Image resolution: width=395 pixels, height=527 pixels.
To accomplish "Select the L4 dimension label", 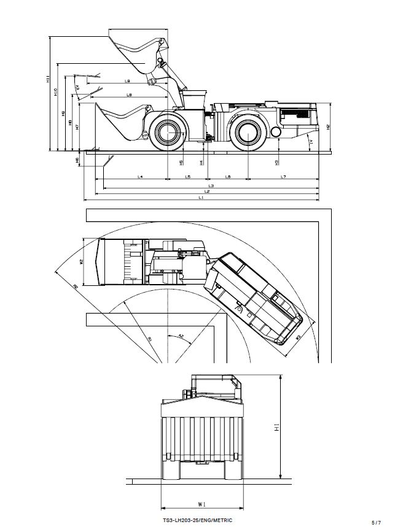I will click(140, 177).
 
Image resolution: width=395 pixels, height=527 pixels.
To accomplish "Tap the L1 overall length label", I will click(201, 197).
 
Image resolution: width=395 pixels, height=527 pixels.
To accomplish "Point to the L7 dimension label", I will click(283, 177).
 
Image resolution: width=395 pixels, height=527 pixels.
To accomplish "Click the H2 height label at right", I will click(328, 127).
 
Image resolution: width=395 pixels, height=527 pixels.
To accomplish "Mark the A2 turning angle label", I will click(181, 336).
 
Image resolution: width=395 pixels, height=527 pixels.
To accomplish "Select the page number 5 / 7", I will click(376, 522).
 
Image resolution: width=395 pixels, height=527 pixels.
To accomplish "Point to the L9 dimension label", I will click(129, 94).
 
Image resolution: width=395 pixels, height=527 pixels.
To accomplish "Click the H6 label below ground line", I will click(77, 160).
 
